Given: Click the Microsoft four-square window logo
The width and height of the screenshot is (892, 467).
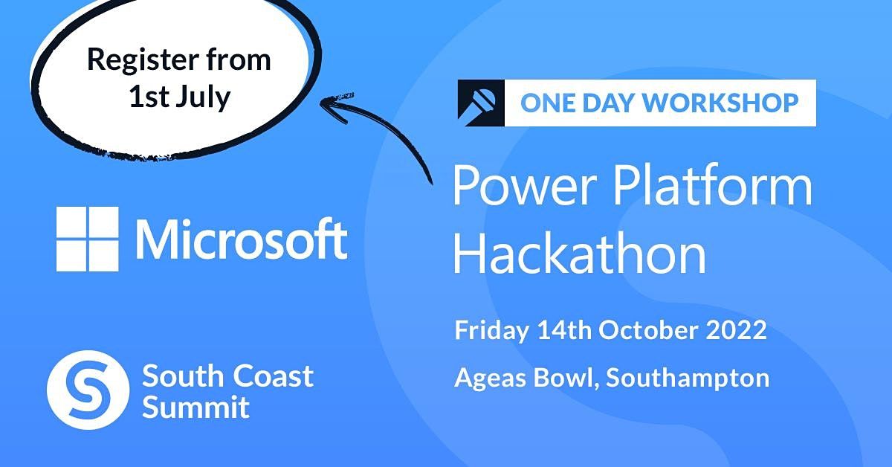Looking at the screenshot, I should pos(87,239).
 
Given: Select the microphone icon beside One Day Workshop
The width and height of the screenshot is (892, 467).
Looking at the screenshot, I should pos(481,103).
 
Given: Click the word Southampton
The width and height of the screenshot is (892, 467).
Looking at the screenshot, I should pos(688,379).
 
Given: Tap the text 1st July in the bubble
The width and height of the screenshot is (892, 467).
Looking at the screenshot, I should pos(179,97).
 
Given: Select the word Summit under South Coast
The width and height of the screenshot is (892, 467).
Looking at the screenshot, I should pos(195,408).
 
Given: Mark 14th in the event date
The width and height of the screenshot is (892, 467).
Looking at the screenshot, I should pos(566,330).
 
